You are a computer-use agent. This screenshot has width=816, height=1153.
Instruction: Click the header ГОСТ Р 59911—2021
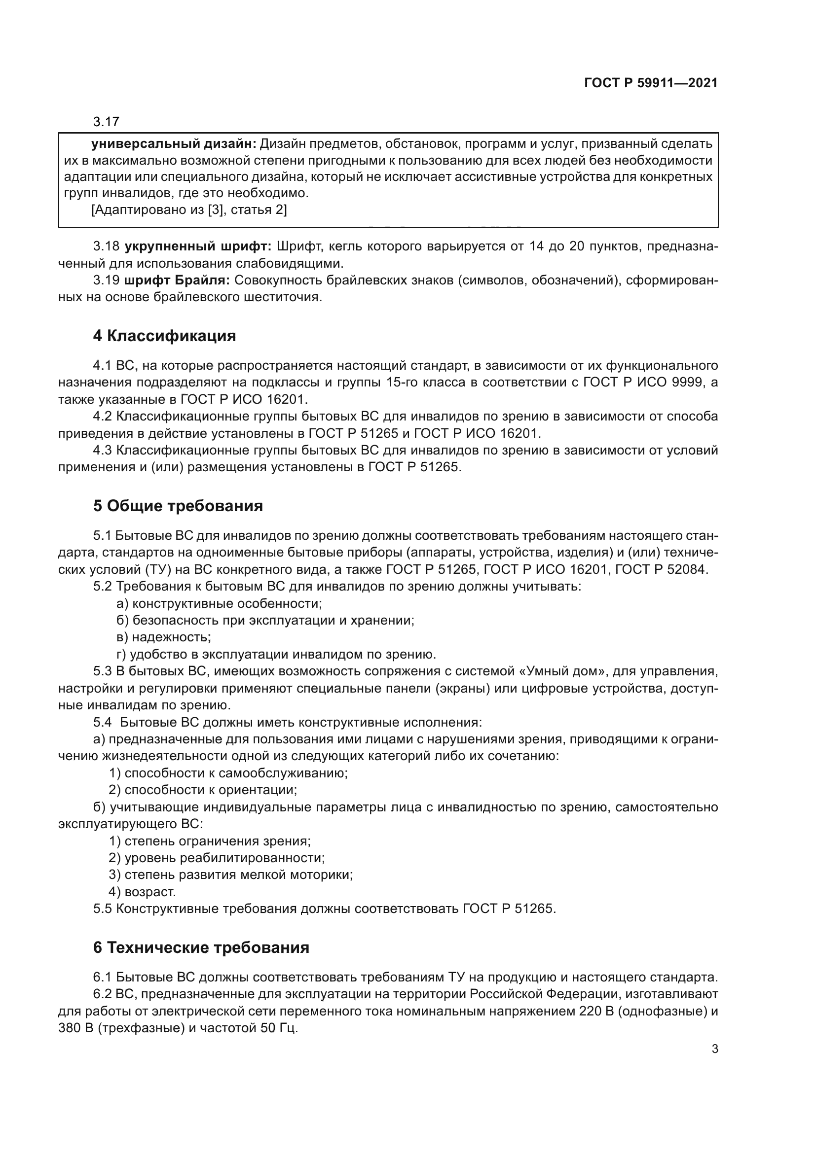click(x=651, y=83)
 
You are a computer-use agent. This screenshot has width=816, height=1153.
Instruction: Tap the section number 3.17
click(x=106, y=122)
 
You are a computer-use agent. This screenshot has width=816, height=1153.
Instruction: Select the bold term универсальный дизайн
click(x=174, y=144)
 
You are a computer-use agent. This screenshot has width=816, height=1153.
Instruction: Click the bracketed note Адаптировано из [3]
click(x=189, y=210)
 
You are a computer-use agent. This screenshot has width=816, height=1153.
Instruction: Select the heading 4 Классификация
click(x=164, y=336)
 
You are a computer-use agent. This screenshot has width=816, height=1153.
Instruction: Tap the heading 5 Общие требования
click(x=178, y=506)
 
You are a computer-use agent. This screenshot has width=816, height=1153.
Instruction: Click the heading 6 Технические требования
click(x=201, y=947)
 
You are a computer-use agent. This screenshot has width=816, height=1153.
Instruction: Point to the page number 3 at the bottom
click(x=715, y=1049)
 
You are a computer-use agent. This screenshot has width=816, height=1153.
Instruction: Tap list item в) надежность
click(x=163, y=637)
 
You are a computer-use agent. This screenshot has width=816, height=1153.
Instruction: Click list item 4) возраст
click(x=142, y=892)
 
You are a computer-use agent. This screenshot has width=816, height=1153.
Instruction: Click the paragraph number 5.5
click(x=103, y=909)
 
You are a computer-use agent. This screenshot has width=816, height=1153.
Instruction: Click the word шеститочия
click(x=283, y=297)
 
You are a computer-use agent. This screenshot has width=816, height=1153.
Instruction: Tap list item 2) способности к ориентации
click(x=203, y=790)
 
